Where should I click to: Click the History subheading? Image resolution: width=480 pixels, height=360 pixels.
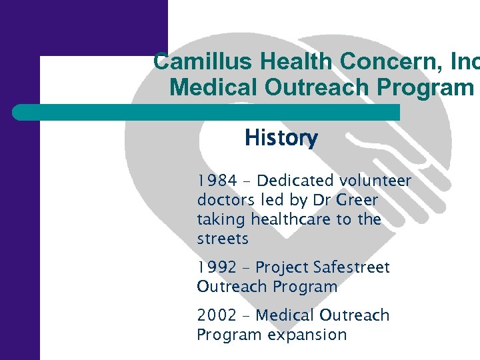pyautogui.click(x=281, y=138)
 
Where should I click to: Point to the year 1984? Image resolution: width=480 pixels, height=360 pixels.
pyautogui.click(x=217, y=181)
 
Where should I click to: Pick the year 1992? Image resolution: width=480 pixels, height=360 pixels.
pyautogui.click(x=217, y=267)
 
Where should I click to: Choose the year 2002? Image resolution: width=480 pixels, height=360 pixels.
pyautogui.click(x=217, y=315)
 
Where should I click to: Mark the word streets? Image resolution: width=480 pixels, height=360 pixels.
pyautogui.click(x=223, y=239)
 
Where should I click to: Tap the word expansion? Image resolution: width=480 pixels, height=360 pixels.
pyautogui.click(x=307, y=335)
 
